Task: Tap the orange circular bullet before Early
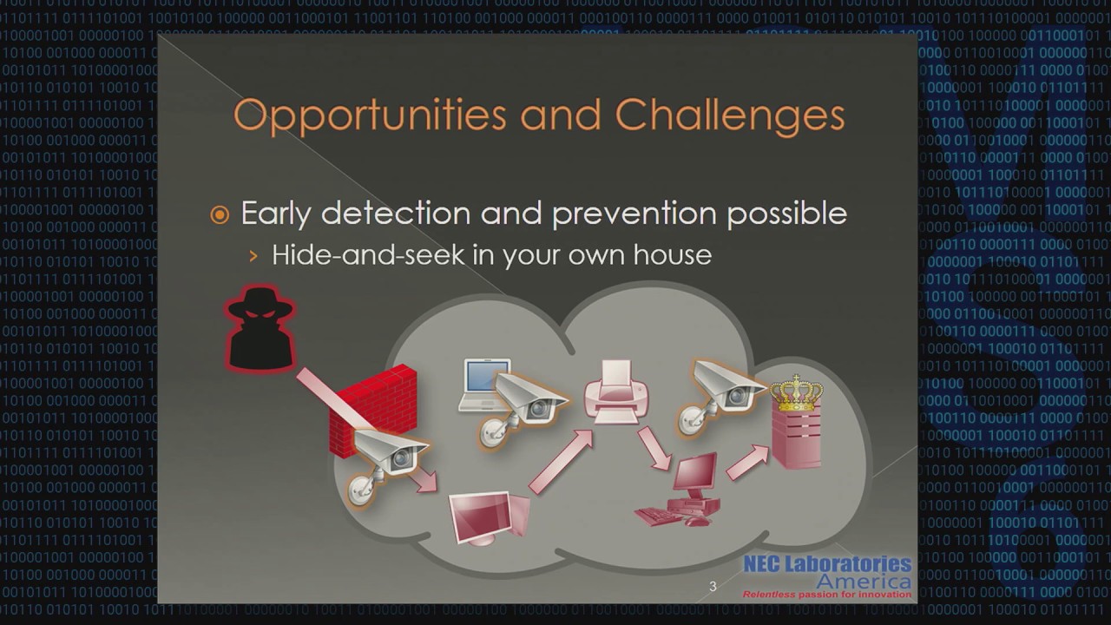pos(220,215)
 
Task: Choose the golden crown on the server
pos(796,392)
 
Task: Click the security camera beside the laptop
pos(525,403)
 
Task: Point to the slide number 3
pos(713,587)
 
